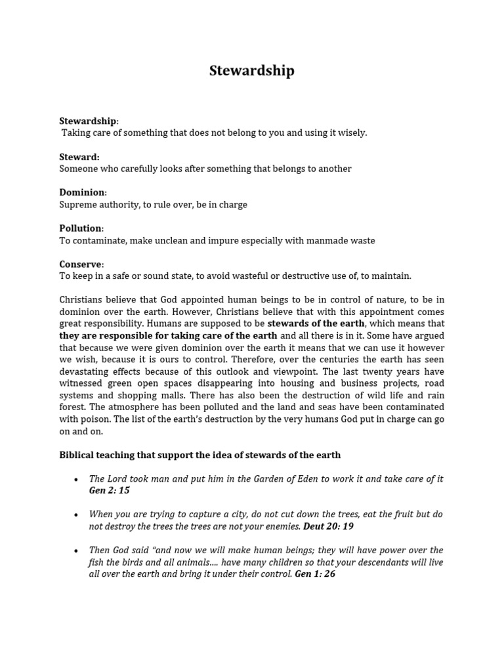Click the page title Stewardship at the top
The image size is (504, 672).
[x=252, y=71]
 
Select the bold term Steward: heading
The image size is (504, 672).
[x=79, y=157]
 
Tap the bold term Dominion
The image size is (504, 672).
[x=82, y=192]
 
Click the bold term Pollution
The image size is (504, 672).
[x=81, y=228]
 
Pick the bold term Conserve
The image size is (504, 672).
[x=81, y=264]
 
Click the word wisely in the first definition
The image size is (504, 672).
[x=352, y=133]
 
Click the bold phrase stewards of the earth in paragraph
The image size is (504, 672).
[x=316, y=324]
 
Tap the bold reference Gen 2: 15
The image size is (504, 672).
[x=110, y=490]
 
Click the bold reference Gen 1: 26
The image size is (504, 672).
[x=315, y=574]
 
